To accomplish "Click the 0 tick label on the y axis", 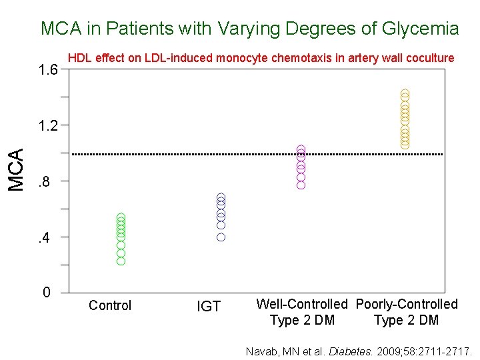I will [45, 292].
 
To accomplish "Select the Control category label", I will [110, 305].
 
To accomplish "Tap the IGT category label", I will [209, 306].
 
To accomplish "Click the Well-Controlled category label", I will [302, 304].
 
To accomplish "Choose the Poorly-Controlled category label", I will [407, 304].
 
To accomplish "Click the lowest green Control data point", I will [121, 261].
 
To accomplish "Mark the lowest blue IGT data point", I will [221, 237].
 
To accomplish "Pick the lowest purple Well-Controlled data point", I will [301, 185].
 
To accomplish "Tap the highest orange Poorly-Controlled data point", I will [405, 93].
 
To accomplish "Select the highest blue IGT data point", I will [221, 198].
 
